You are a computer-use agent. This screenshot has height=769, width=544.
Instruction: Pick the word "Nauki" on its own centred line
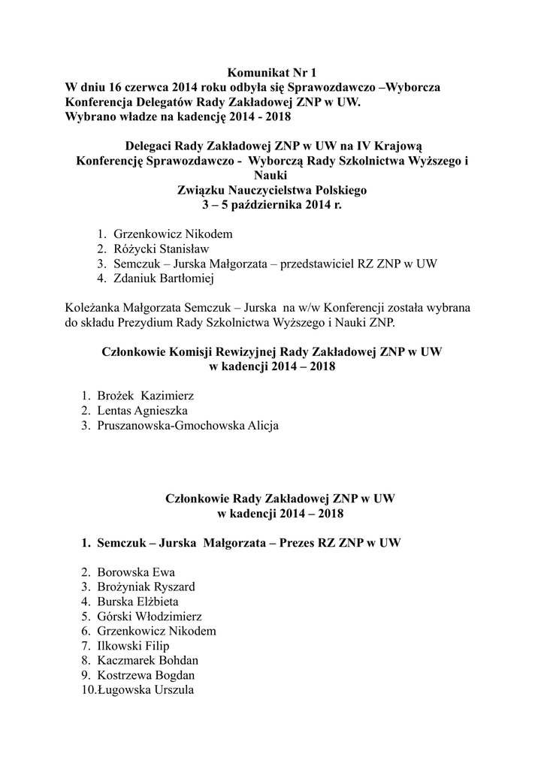pyautogui.click(x=272, y=175)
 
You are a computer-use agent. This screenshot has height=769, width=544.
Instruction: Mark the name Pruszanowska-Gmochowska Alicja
pyautogui.click(x=188, y=426)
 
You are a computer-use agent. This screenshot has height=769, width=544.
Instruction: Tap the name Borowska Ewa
pyautogui.click(x=136, y=572)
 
